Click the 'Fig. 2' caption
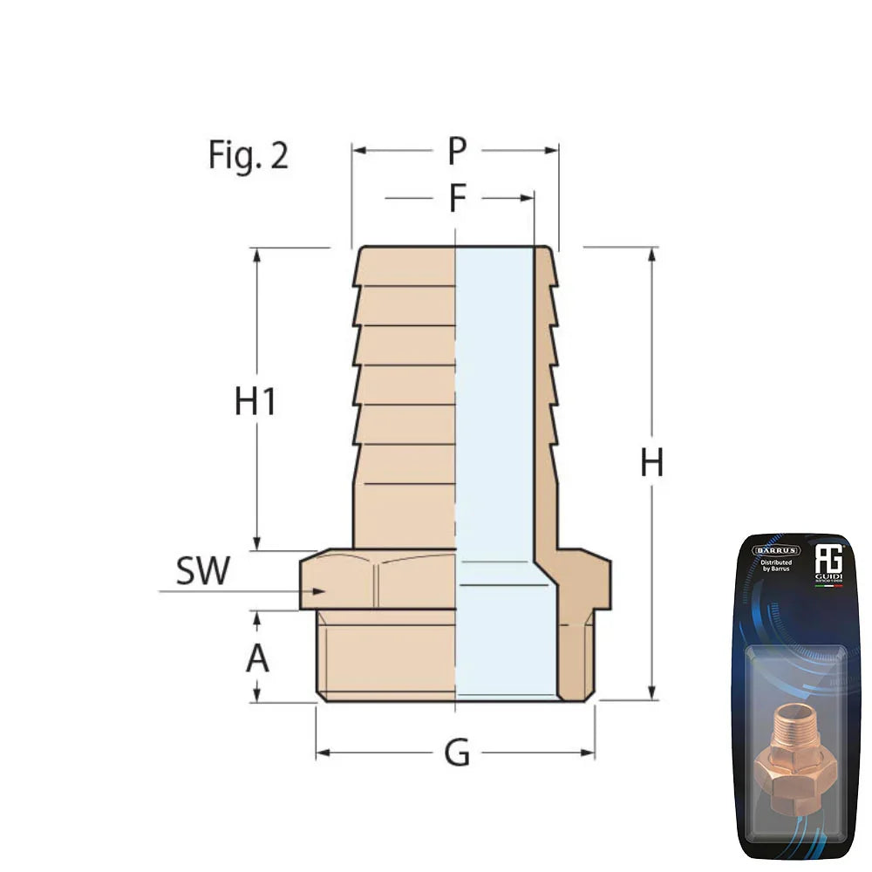coord(248,155)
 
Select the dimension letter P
coord(457,151)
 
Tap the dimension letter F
coord(457,199)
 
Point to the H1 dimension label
coord(255,402)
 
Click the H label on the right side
coord(651,463)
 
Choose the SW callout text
coord(202,571)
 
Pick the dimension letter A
coord(257,659)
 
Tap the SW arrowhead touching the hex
coord(319,591)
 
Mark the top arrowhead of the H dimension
coord(651,254)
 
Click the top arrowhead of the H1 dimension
coord(256,254)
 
